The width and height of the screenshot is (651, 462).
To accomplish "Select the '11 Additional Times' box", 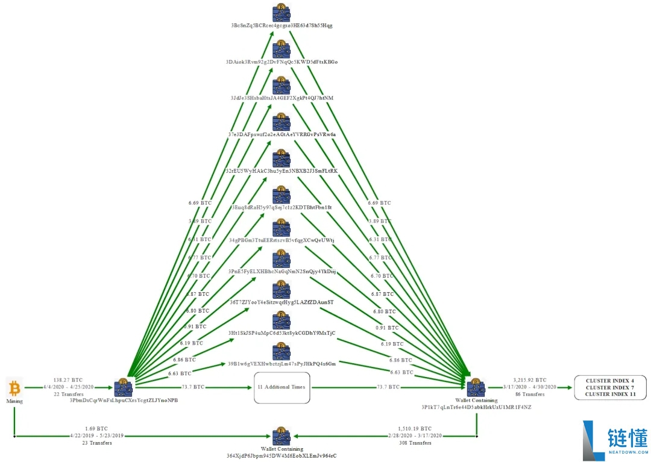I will pos(281,387).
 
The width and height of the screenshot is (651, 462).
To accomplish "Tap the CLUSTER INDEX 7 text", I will pos(609,387).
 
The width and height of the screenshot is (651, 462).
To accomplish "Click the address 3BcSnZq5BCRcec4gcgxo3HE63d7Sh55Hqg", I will pos(281,26).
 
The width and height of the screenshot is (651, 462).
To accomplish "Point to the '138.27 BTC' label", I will pos(68,380).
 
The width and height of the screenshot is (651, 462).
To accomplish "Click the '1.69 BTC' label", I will pos(96,428).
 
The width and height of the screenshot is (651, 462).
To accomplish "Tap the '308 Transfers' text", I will pos(416,443).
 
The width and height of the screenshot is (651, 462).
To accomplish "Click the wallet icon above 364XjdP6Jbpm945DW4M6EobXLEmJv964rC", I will pos(281,436).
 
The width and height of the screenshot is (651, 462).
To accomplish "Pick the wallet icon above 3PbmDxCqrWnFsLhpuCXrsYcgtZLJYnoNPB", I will pos(123,387).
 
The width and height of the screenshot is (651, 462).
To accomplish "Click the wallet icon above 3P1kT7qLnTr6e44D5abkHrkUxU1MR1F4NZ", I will pos(476,387).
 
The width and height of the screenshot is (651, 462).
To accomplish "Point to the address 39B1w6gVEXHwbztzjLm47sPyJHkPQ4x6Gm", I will pos(281,364).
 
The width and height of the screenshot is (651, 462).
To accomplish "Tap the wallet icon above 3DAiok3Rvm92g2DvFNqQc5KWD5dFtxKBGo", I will pos(281,49).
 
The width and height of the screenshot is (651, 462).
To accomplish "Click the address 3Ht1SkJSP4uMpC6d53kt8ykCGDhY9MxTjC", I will pos(281,333).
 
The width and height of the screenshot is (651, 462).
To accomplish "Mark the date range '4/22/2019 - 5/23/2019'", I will pos(96,435).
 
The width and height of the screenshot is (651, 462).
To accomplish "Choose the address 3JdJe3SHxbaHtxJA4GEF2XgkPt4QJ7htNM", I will pos(281,98).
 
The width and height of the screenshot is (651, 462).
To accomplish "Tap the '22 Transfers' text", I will pos(68,394).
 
